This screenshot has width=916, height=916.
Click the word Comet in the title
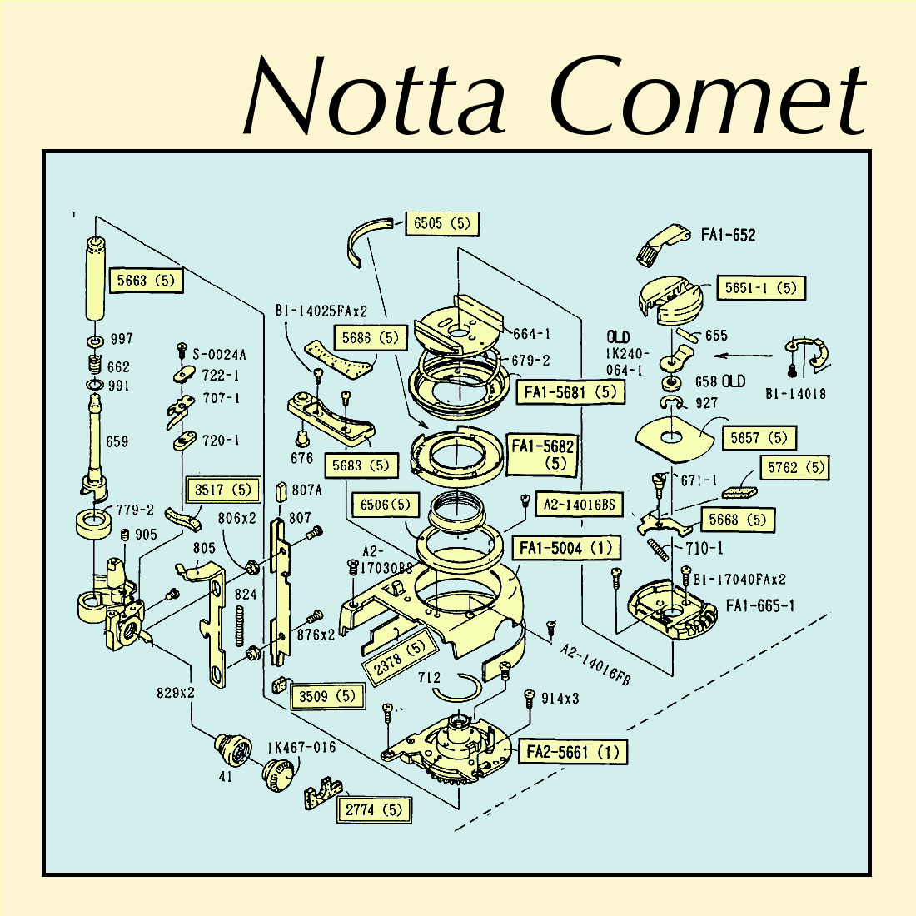[708, 98]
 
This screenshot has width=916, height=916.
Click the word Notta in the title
[375, 98]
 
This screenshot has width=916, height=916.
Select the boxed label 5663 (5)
[146, 281]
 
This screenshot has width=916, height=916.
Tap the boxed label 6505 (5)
[442, 223]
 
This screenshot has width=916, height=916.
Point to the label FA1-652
[728, 235]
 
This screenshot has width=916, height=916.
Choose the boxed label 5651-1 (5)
[761, 288]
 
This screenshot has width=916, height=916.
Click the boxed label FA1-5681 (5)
[570, 391]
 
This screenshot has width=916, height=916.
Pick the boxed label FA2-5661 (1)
[573, 752]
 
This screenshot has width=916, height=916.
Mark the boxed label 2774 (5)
[374, 809]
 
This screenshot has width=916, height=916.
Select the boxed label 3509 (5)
[327, 696]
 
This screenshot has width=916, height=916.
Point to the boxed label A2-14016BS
[580, 504]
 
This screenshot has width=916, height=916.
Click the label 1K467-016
[301, 747]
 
